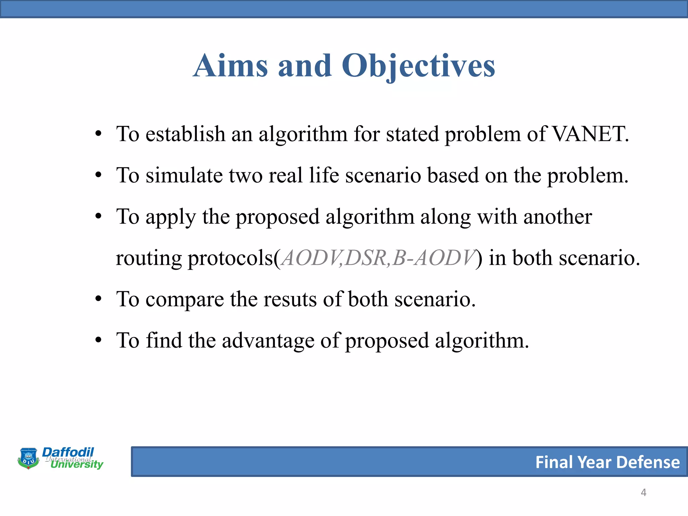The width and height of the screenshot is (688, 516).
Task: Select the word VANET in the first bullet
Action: [588, 134]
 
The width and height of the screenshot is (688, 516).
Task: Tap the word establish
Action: [185, 134]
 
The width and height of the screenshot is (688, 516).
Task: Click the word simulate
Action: [184, 175]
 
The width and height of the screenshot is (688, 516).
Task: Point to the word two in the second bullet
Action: [246, 175]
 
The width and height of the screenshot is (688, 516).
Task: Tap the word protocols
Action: [230, 258]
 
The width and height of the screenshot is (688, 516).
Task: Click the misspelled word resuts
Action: [290, 299]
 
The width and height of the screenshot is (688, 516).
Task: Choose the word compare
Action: [184, 300]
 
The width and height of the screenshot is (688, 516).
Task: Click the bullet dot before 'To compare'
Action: [98, 299]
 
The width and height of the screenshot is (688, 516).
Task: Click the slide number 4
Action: [643, 492]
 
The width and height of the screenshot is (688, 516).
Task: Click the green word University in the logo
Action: [77, 464]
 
